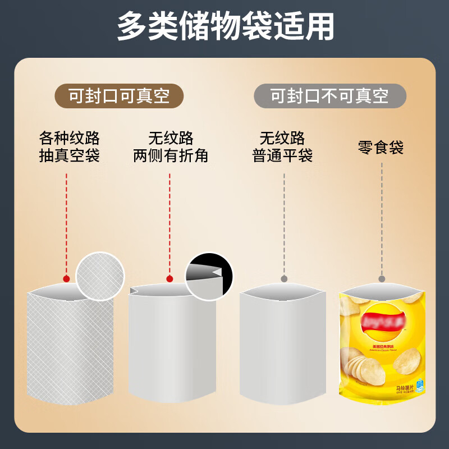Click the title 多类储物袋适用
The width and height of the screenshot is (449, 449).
click(224, 26)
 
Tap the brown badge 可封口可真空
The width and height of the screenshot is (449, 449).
click(119, 96)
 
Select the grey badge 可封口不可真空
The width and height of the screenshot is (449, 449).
click(329, 96)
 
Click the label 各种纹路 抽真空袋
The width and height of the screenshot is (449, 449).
click(69, 146)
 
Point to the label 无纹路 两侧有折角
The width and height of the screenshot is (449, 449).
click(171, 146)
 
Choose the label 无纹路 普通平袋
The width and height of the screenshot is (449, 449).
click(282, 146)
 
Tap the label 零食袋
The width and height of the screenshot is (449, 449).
click(381, 148)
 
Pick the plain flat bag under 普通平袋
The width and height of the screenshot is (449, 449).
click(282, 348)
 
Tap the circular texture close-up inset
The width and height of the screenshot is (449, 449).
click(100, 277)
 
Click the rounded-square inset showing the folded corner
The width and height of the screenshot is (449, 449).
click(209, 276)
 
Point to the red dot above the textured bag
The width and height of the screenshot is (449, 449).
click(66, 278)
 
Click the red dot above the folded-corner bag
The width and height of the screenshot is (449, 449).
click(169, 278)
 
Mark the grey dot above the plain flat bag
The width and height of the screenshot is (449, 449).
click(284, 278)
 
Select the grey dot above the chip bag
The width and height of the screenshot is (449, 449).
click(382, 278)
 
